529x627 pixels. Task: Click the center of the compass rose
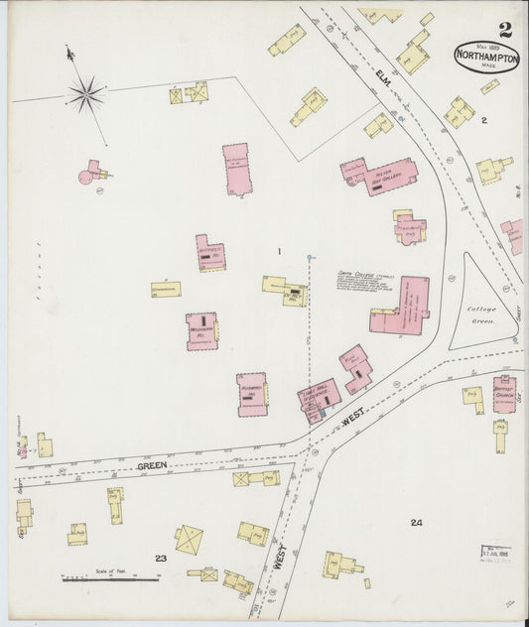click(86, 95)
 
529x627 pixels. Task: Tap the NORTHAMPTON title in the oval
click(486, 58)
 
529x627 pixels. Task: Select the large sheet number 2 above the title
click(506, 30)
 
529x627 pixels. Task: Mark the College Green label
click(481, 314)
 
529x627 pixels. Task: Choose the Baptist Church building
click(504, 393)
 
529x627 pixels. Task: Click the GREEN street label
click(152, 465)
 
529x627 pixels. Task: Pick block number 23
click(161, 559)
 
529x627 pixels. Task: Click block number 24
click(416, 522)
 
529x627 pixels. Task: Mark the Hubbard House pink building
click(251, 393)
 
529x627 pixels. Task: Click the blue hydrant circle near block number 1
click(310, 258)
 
